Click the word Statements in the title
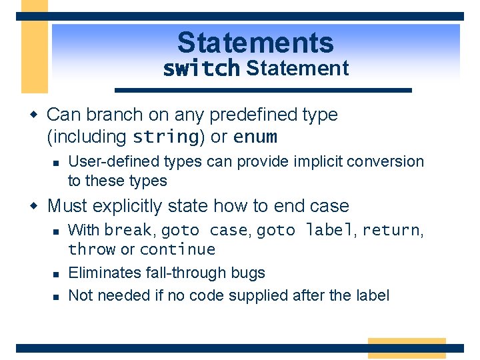255,43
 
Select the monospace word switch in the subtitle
201,68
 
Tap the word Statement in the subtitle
297,68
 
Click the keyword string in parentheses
166,137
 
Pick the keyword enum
255,137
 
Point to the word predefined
253,115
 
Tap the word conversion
385,161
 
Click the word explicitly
127,206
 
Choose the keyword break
128,229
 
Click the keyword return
391,230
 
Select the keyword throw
92,249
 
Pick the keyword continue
178,249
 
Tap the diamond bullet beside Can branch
34,115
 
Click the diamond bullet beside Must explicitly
34,205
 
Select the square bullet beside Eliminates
56,274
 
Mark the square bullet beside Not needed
56,297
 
